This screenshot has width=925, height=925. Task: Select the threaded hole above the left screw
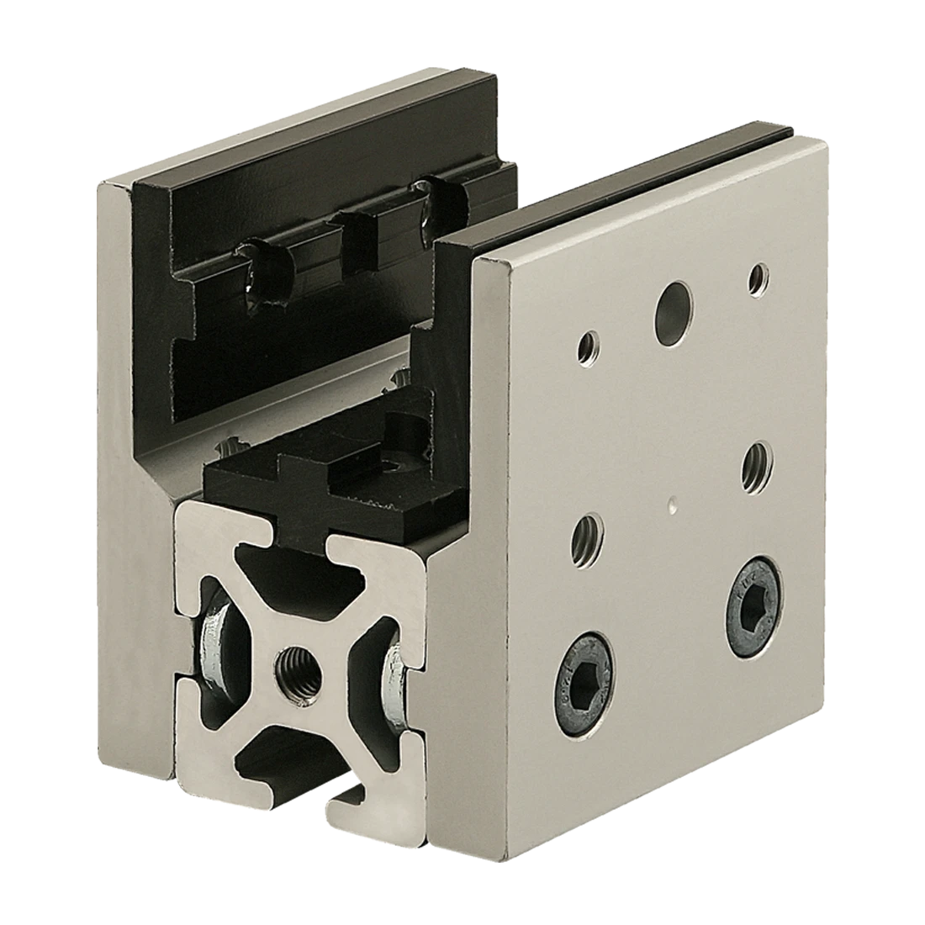[589, 536]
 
